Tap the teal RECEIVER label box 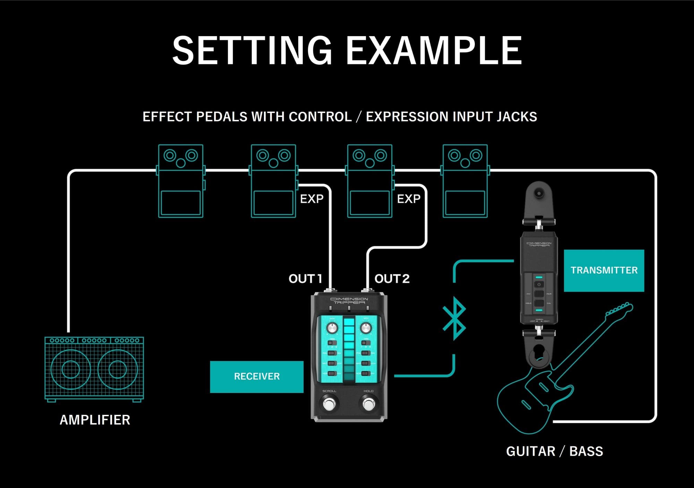click(257, 377)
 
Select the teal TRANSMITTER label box click(604, 271)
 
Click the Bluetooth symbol click(455, 318)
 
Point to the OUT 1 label click(305, 279)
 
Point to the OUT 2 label click(392, 279)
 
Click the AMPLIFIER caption click(95, 420)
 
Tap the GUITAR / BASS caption click(555, 452)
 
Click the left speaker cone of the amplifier click(71, 370)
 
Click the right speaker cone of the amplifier click(118, 370)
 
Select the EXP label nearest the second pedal click(311, 199)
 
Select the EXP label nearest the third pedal click(409, 199)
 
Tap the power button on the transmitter click(539, 284)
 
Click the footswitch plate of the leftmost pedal click(181, 203)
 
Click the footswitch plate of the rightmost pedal click(465, 203)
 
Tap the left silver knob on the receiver click(332, 328)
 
